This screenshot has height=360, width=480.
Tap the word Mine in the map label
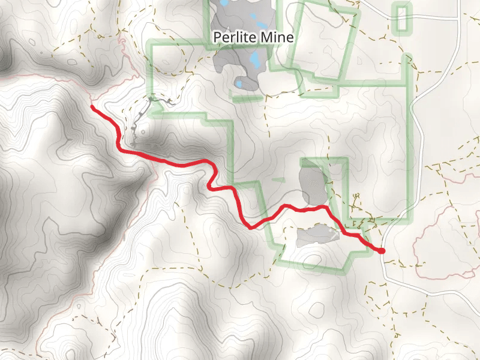pyautogui.click(x=276, y=38)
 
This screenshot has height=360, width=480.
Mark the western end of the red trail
pyautogui.click(x=92, y=107)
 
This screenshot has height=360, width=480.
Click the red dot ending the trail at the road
pyautogui.click(x=382, y=251)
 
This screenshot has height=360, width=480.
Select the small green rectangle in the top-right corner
pyautogui.click(x=403, y=17)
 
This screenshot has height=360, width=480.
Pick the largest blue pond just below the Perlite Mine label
pyautogui.click(x=256, y=59)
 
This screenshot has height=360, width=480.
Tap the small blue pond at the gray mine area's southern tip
pyautogui.click(x=239, y=83)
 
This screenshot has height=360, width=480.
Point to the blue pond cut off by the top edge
pyautogui.click(x=224, y=2)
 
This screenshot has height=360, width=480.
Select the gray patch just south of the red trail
pyautogui.click(x=317, y=235)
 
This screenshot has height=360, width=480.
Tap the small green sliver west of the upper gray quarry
pyautogui.click(x=277, y=179)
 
